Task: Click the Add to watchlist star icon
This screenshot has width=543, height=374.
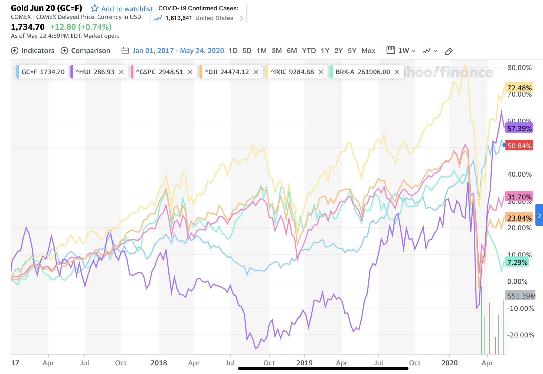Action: coord(94,8)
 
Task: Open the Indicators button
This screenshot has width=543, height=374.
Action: coord(33,51)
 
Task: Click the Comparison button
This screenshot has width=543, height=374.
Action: coord(86,51)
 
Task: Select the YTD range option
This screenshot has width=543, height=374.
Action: coord(309,51)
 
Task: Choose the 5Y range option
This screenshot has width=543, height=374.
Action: coord(352,51)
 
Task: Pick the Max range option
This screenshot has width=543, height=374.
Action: coord(368,51)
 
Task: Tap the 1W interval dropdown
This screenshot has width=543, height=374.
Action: coord(401,51)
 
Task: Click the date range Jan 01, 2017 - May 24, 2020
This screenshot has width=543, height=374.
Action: coord(178,51)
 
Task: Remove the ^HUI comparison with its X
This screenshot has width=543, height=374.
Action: coord(121,72)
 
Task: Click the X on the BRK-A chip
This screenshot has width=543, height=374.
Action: coord(397,72)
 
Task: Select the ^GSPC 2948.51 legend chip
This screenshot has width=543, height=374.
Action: coord(159,72)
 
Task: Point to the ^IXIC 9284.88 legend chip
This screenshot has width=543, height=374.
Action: coord(292,72)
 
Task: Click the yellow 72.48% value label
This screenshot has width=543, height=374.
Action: coord(519,88)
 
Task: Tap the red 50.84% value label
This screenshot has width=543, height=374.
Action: coord(519,146)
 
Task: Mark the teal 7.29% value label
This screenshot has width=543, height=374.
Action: coord(517,262)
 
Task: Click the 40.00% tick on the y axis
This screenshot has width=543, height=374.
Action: coord(519,174)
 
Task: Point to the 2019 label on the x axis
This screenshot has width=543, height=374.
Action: coord(304,363)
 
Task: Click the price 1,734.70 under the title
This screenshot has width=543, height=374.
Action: coord(28,27)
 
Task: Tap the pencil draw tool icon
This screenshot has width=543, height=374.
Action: coord(449,51)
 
